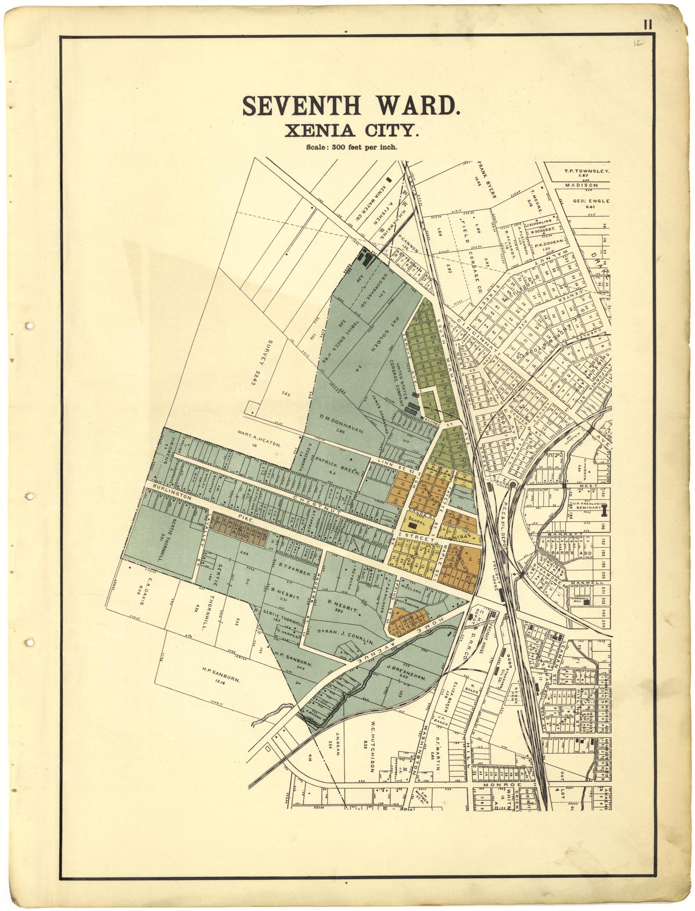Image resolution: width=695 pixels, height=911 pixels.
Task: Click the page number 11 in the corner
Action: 647,25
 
